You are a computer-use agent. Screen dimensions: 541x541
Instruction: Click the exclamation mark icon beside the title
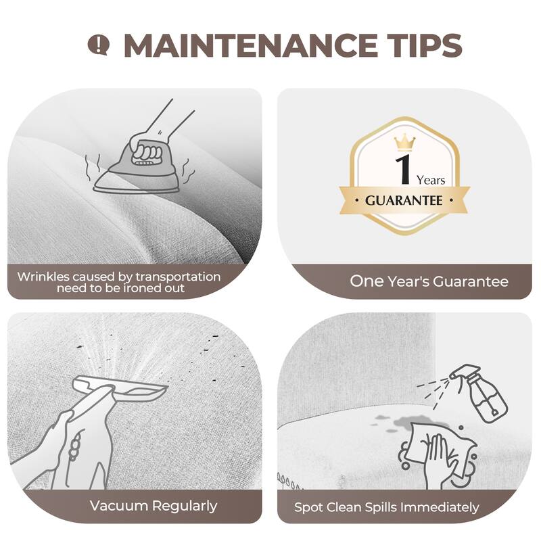[x=98, y=45]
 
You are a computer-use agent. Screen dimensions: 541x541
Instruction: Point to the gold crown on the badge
[x=404, y=142]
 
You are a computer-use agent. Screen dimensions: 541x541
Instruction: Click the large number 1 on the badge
[x=403, y=170]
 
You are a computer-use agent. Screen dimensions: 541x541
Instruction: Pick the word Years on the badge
[x=431, y=180]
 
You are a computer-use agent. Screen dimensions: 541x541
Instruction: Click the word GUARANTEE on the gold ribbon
[x=404, y=200]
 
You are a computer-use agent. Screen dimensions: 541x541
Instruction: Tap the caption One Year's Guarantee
[x=429, y=281]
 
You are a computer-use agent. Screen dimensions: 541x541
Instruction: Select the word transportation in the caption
[x=178, y=277]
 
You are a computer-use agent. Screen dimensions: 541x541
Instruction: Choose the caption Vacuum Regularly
[x=154, y=506]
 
